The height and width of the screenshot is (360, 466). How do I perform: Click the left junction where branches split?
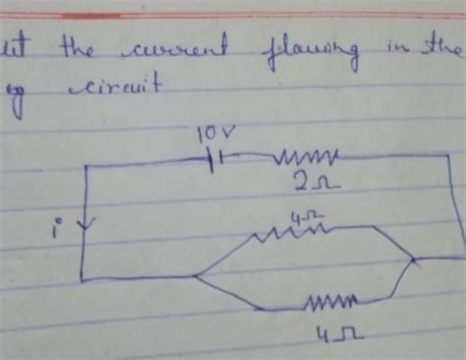(x=196, y=278)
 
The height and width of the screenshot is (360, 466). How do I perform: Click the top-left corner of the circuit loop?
(x=87, y=163)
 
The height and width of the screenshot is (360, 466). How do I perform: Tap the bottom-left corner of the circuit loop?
(x=83, y=279)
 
